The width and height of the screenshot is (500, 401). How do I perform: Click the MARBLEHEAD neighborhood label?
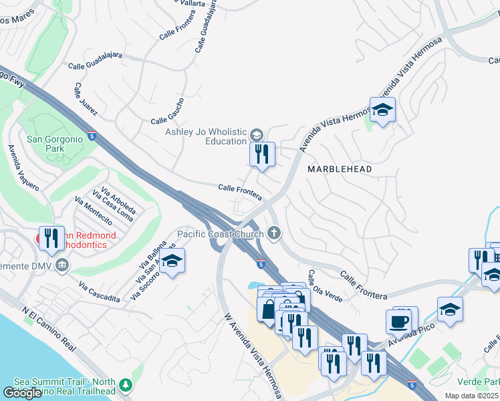point(340,170)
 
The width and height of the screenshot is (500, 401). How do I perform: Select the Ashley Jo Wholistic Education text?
point(206,136)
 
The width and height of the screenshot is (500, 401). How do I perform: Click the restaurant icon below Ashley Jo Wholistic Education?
point(262,154)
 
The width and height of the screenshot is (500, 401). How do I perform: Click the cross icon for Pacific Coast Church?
point(273,233)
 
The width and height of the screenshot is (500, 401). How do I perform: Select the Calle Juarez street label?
point(86,99)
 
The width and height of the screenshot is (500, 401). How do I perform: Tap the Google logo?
point(23,393)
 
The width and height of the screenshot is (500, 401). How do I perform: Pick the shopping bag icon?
point(269,309)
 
